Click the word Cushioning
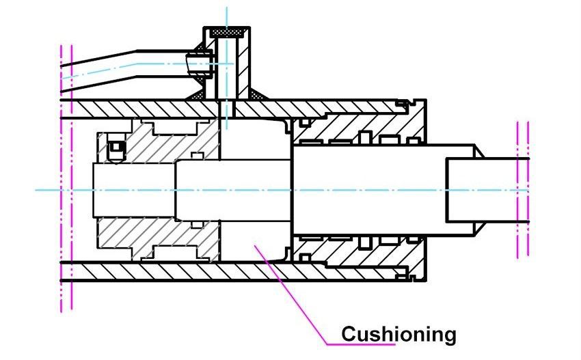point(398,334)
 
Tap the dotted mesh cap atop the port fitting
point(230,32)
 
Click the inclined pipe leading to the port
point(123,68)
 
